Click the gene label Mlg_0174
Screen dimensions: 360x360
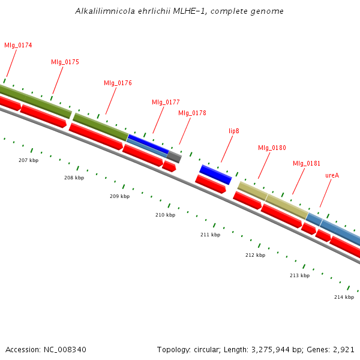click(x=18, y=46)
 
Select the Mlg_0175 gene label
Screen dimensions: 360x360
click(x=65, y=62)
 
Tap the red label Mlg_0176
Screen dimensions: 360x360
click(x=118, y=83)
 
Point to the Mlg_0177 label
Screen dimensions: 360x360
click(x=166, y=103)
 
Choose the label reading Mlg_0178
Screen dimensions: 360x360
click(x=192, y=113)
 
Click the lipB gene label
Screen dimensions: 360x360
click(x=233, y=131)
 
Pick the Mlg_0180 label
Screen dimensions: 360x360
click(x=272, y=148)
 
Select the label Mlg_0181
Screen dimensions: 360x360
click(x=307, y=164)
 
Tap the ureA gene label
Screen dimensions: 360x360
click(x=332, y=176)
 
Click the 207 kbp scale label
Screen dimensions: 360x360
click(x=28, y=161)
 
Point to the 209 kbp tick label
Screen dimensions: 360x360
click(x=119, y=197)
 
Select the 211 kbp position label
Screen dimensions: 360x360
click(x=210, y=235)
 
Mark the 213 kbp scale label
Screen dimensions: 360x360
click(x=299, y=276)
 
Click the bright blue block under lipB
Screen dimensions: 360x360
click(x=215, y=175)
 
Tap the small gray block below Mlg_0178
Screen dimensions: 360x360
click(x=174, y=157)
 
